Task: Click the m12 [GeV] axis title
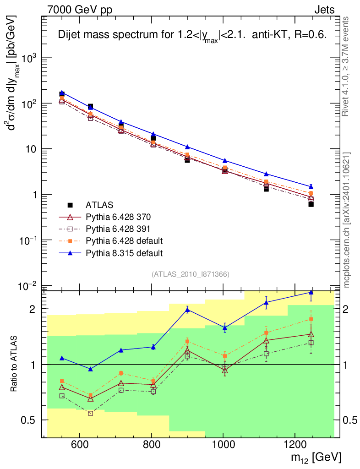pyautogui.click(x=315, y=457)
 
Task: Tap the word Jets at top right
pyautogui.click(x=324, y=9)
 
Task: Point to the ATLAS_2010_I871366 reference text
pyautogui.click(x=190, y=274)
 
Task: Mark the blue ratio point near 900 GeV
pyautogui.click(x=187, y=310)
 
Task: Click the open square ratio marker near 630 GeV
pyautogui.click(x=90, y=413)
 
